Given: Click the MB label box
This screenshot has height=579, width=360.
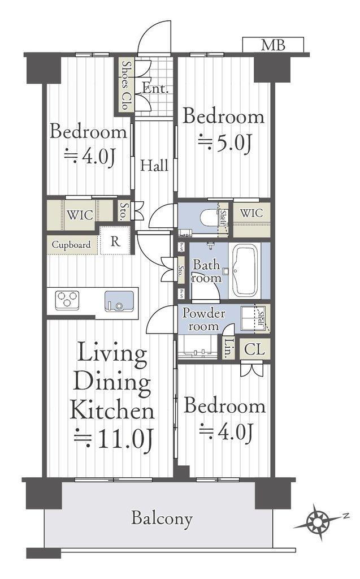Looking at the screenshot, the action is click(273, 45).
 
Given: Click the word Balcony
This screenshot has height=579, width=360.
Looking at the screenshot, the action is click(162, 518).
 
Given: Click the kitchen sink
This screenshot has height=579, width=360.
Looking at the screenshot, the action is click(119, 301).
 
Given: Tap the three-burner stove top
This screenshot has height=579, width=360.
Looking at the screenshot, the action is click(67, 300).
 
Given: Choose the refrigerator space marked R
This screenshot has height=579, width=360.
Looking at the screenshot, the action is click(115, 241).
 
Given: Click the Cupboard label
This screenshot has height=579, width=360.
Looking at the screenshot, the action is click(71, 244).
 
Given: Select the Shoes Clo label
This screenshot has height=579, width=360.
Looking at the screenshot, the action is click(126, 85).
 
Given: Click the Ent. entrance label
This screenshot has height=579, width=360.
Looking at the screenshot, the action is click(155, 88).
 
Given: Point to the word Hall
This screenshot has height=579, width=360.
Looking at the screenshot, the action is click(154, 165).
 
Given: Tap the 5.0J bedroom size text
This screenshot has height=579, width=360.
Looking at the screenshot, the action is click(225, 142).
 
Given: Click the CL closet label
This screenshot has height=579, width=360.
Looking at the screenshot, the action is click(254, 349).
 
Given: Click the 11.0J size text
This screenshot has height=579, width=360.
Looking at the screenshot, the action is click(114, 439).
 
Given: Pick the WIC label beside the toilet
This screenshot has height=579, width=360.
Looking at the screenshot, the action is click(251, 213).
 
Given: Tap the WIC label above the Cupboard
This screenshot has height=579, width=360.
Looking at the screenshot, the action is click(80, 215).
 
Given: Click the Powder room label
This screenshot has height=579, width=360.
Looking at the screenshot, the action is click(203, 320).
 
